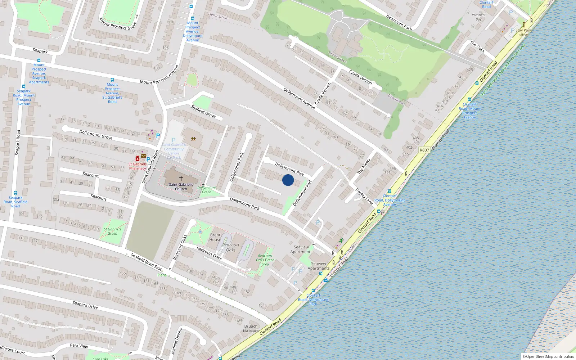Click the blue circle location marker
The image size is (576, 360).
coord(288,180)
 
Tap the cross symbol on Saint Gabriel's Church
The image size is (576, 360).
coord(181,178)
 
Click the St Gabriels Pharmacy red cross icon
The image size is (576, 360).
coord(138,158)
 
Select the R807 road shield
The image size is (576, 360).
coord(424,150)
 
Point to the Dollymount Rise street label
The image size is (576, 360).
coord(289,169)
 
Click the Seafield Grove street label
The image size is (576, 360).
coord(203,112)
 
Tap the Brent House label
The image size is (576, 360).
coord(215,237)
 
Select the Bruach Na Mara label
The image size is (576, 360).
coord(251,329)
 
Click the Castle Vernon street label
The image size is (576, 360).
coord(360,77)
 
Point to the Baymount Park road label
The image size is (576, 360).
coord(399,22)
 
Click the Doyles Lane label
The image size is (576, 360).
coord(364,197)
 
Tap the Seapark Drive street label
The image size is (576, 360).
coord(85,305)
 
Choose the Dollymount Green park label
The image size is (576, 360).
coord(207,190)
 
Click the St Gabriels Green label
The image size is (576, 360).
coord(112,231)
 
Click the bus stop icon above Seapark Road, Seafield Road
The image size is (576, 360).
coord(15,193)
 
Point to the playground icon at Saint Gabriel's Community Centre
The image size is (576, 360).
coord(193,139)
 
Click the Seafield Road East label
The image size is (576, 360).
coord(146,262)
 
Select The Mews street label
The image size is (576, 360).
coord(364,167)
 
